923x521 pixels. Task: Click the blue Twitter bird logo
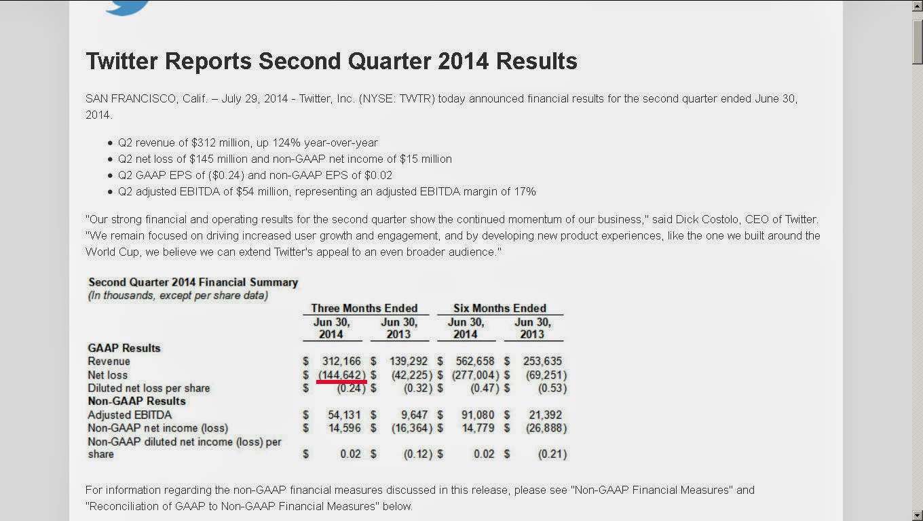(127, 7)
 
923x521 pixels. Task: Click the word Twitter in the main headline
(121, 61)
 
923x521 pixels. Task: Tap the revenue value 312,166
(341, 361)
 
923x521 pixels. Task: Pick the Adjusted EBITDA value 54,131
(344, 414)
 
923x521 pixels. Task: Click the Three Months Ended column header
(364, 308)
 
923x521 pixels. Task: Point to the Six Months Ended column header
(500, 308)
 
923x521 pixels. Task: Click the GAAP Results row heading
(124, 348)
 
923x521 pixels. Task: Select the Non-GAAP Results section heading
(137, 401)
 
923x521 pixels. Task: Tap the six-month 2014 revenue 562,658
(474, 361)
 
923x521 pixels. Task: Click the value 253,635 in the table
(542, 361)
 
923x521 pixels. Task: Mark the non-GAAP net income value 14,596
(345, 428)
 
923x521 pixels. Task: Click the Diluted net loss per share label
(149, 388)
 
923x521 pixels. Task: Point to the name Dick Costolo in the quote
(707, 219)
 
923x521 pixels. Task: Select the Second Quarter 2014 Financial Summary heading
(193, 282)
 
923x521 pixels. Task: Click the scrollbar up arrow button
(918, 6)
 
